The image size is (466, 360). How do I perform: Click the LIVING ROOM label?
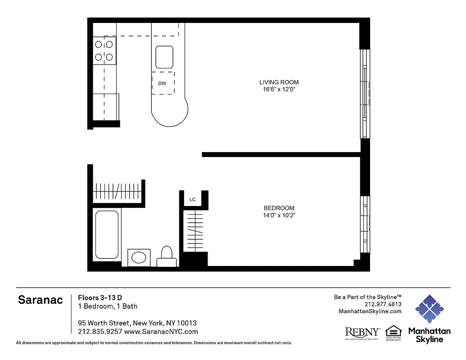(x=279, y=82)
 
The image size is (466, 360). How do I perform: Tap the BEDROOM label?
(x=279, y=208)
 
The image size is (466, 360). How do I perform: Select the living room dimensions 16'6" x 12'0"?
(x=279, y=90)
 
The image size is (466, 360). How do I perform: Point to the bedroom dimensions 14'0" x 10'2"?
(x=279, y=215)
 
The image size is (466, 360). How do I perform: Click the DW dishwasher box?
(x=163, y=83)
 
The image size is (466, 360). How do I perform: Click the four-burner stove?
(x=104, y=51)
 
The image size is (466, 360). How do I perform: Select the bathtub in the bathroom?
(x=107, y=234)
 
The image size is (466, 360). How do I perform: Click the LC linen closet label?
(x=192, y=199)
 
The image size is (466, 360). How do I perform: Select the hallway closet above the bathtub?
(x=119, y=193)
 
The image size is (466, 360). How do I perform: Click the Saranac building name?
(x=41, y=300)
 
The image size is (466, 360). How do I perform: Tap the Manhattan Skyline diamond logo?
(x=429, y=309)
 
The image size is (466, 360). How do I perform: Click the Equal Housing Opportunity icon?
(x=393, y=332)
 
